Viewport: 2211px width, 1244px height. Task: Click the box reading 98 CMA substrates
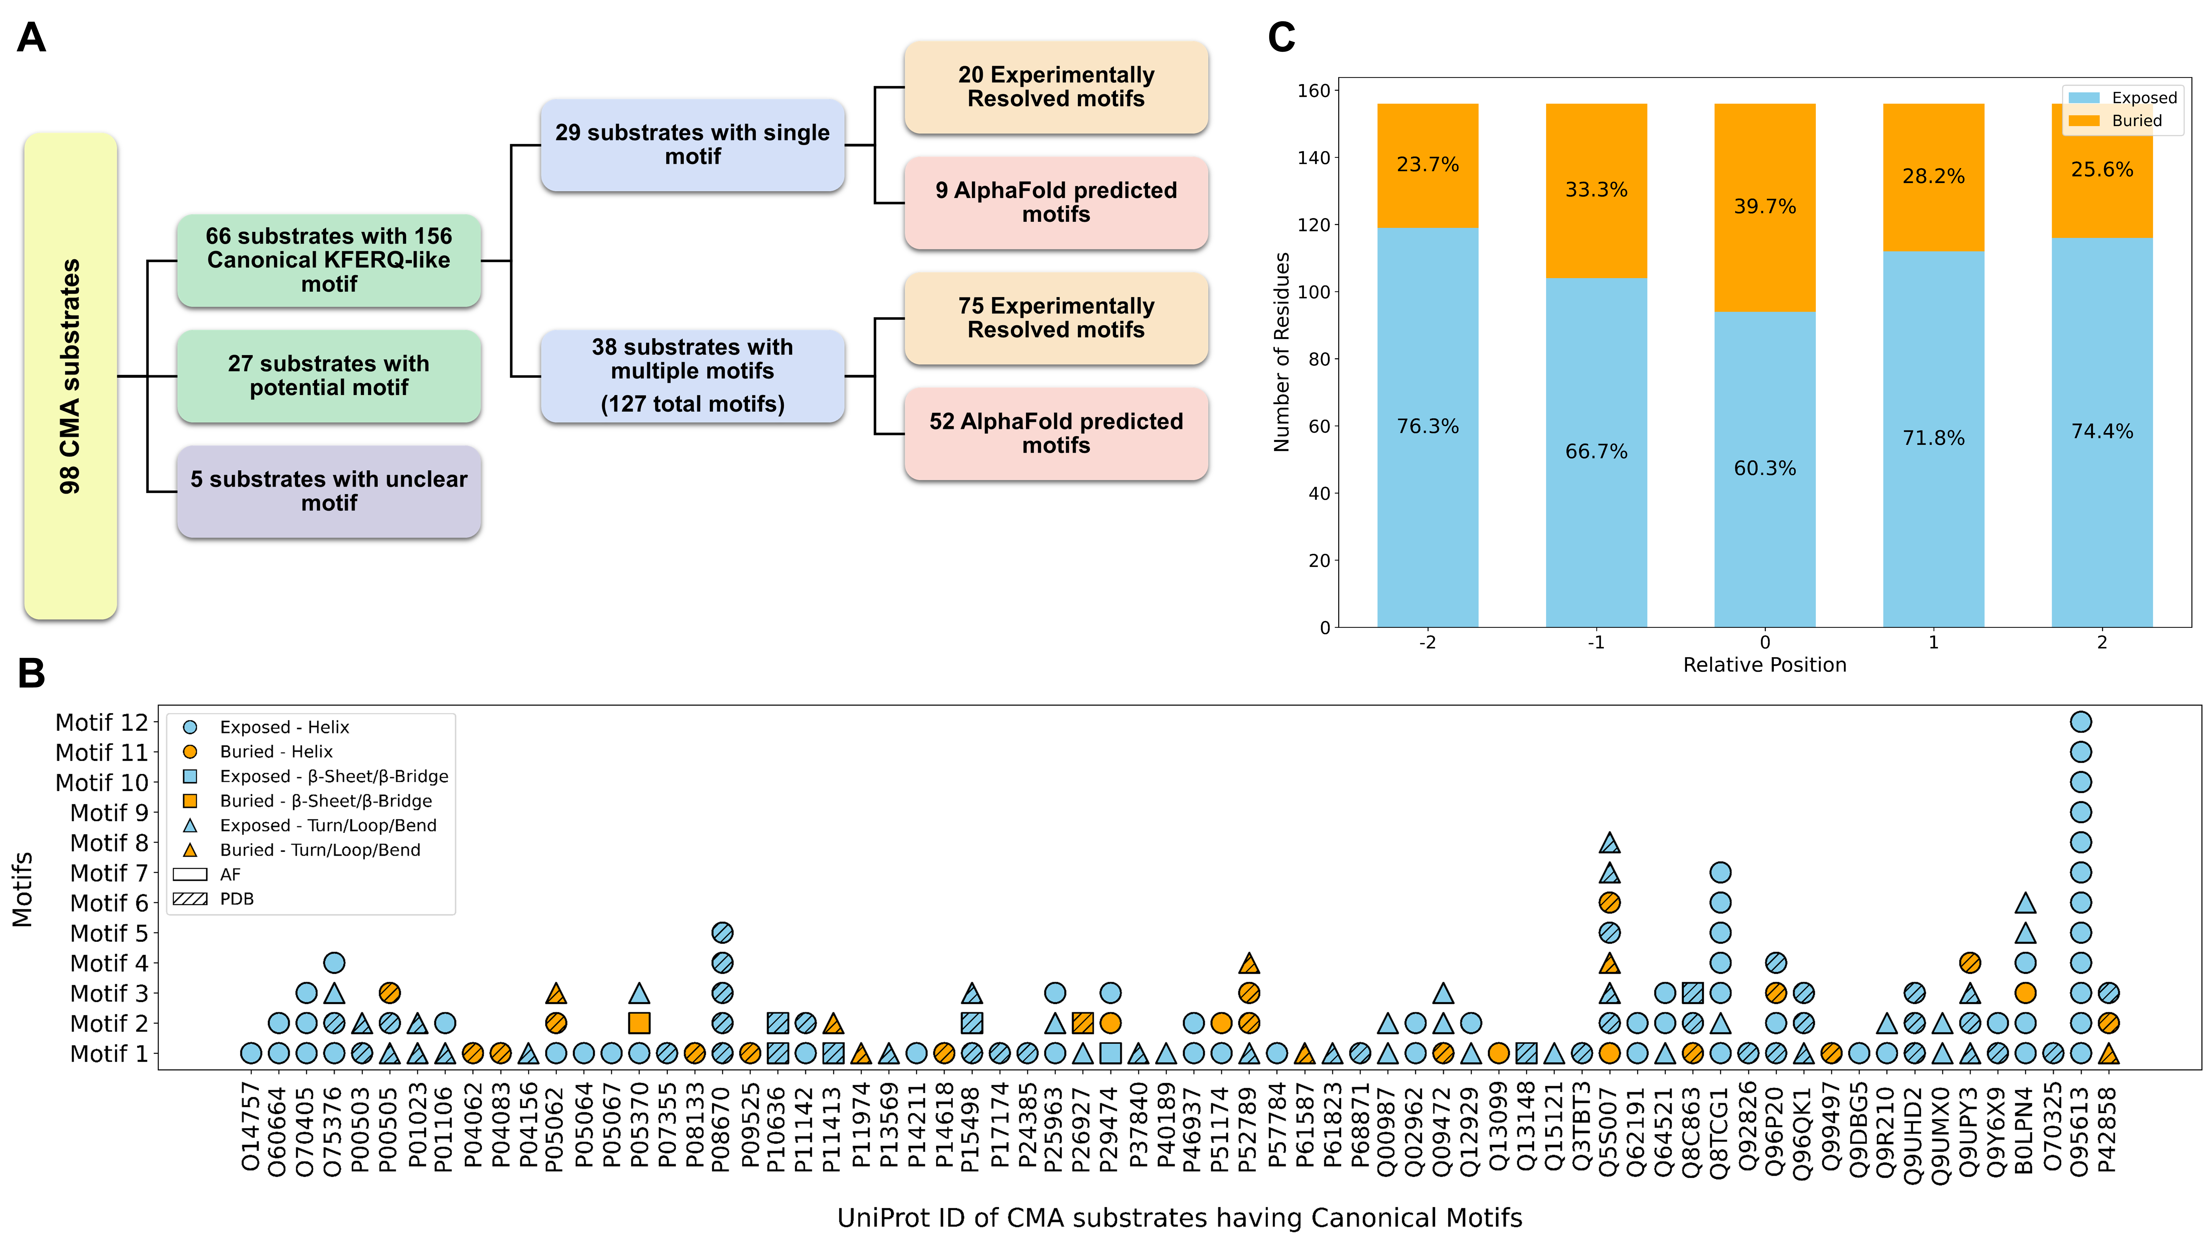pos(70,376)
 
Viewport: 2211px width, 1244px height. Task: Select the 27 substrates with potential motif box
pos(329,376)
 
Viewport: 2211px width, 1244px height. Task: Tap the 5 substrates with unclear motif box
pos(329,491)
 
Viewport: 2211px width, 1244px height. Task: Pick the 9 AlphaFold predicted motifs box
pos(1056,203)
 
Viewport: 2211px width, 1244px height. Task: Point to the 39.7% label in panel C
pos(1765,207)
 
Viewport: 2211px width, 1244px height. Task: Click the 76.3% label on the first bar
pos(1427,427)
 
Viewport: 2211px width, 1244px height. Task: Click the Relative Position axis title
pos(1765,665)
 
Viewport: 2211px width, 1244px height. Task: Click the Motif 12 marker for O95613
pos(2081,722)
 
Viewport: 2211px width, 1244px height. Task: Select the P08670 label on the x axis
pos(721,1129)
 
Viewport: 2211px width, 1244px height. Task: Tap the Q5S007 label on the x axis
pos(1609,1129)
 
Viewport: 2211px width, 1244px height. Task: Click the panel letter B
pos(32,674)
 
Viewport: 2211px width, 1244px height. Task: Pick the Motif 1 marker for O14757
pos(251,1054)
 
